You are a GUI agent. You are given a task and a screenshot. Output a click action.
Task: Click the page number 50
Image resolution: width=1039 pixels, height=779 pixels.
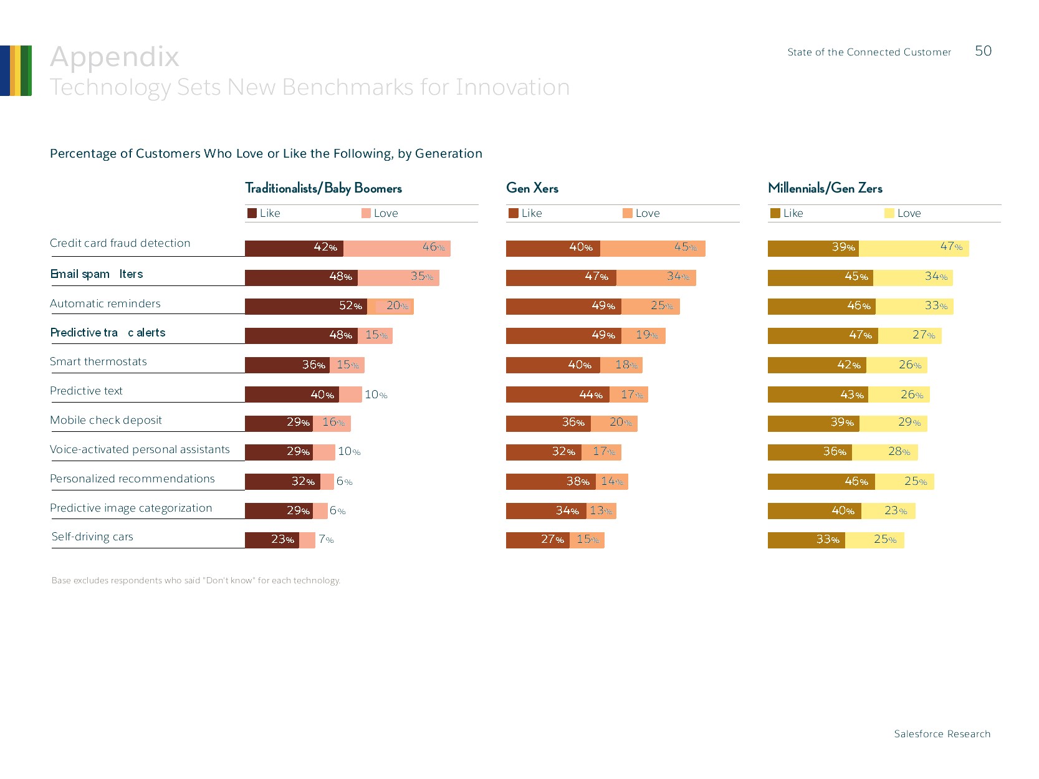tap(983, 51)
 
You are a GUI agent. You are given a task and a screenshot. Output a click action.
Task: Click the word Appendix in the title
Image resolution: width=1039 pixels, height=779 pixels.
tap(115, 57)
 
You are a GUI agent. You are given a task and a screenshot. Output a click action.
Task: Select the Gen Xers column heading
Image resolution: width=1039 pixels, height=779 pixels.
tap(532, 188)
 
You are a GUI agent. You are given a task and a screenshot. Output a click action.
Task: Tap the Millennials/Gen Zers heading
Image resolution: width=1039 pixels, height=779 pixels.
tap(825, 188)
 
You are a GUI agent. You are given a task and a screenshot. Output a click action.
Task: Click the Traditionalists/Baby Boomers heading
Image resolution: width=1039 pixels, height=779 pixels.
tap(323, 188)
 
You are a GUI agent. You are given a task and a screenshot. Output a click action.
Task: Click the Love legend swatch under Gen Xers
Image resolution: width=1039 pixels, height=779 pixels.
tap(628, 213)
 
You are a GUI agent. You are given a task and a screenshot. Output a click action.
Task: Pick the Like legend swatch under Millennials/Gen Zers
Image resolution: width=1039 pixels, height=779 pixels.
tap(775, 213)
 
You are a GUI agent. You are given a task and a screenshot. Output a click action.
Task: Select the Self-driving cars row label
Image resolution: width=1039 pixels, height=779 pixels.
tap(92, 537)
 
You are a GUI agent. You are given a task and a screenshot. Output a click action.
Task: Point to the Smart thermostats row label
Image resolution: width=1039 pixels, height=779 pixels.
tap(98, 361)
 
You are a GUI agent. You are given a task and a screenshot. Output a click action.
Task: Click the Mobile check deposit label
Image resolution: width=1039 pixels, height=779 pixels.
tap(106, 420)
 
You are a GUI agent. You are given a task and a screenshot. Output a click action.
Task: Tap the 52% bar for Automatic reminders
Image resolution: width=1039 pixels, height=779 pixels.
tap(305, 306)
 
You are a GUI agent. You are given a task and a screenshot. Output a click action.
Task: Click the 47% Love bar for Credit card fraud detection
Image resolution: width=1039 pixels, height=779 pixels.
tap(914, 248)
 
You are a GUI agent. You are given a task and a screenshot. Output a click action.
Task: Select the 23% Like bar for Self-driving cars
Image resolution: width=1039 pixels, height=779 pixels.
tap(272, 540)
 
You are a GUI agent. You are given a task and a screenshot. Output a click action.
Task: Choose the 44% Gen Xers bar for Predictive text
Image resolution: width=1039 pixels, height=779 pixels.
tap(557, 394)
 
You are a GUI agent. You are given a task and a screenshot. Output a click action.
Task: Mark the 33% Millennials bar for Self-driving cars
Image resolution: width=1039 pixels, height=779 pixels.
tap(806, 540)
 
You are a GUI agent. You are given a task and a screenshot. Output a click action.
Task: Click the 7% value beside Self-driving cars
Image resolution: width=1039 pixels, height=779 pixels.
tap(326, 540)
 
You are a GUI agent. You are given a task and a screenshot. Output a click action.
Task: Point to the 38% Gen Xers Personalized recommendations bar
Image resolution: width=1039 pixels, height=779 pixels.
tap(550, 482)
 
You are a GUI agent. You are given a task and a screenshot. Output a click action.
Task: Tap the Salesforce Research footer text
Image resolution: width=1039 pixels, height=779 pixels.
tap(942, 734)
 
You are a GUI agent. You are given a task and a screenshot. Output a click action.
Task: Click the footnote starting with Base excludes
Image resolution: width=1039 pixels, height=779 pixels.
tap(196, 581)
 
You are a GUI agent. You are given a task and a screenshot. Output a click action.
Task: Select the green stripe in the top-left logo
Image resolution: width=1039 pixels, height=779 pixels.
tap(27, 70)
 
